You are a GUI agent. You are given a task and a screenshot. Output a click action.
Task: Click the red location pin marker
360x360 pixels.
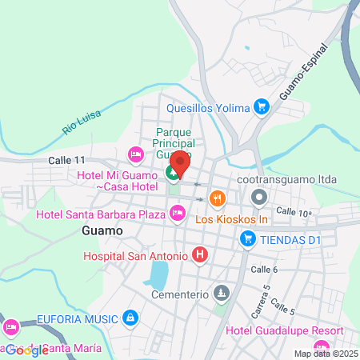pos(179,162)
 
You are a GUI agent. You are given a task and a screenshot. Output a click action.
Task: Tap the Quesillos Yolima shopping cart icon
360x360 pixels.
pos(260,106)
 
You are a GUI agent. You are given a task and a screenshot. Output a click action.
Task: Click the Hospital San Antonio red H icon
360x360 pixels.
pos(200,256)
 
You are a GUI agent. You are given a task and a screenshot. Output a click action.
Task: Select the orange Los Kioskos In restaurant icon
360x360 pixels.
pos(216,198)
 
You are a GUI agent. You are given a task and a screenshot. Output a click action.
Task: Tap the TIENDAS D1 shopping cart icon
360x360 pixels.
pos(248,238)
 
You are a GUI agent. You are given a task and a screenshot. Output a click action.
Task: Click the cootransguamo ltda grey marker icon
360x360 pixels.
pos(258,196)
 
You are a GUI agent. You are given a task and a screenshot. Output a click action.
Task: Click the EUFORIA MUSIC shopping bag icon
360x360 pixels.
pos(130,318)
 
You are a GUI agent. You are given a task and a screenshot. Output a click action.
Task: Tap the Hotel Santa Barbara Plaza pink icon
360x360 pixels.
pos(177,212)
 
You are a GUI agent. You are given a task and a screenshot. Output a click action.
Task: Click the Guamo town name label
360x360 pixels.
pos(102,230)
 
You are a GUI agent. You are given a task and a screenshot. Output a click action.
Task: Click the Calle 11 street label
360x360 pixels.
pos(66,160)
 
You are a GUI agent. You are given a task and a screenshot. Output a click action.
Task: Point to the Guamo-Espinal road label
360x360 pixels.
pos(305,72)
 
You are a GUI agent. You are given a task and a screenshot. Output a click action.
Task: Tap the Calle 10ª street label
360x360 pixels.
pos(294,211)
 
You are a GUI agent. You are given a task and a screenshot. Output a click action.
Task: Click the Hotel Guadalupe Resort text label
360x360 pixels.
pos(285,331)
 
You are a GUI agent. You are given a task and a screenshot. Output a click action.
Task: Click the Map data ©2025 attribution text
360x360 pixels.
pos(325,354)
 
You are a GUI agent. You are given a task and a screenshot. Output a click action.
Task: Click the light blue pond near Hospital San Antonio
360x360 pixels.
pos(158,274)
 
